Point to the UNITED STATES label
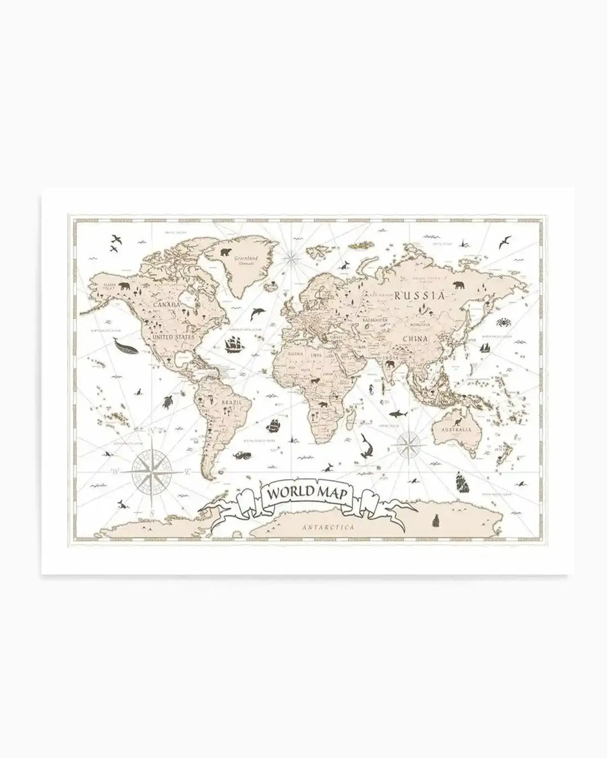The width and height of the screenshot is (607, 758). click(173, 336)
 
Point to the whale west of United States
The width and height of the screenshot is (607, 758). click(125, 347)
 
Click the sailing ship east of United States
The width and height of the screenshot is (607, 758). click(233, 344)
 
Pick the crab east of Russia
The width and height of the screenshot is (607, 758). click(503, 322)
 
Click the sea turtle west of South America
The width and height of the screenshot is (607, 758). click(167, 402)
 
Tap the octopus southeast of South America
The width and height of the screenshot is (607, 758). click(241, 455)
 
